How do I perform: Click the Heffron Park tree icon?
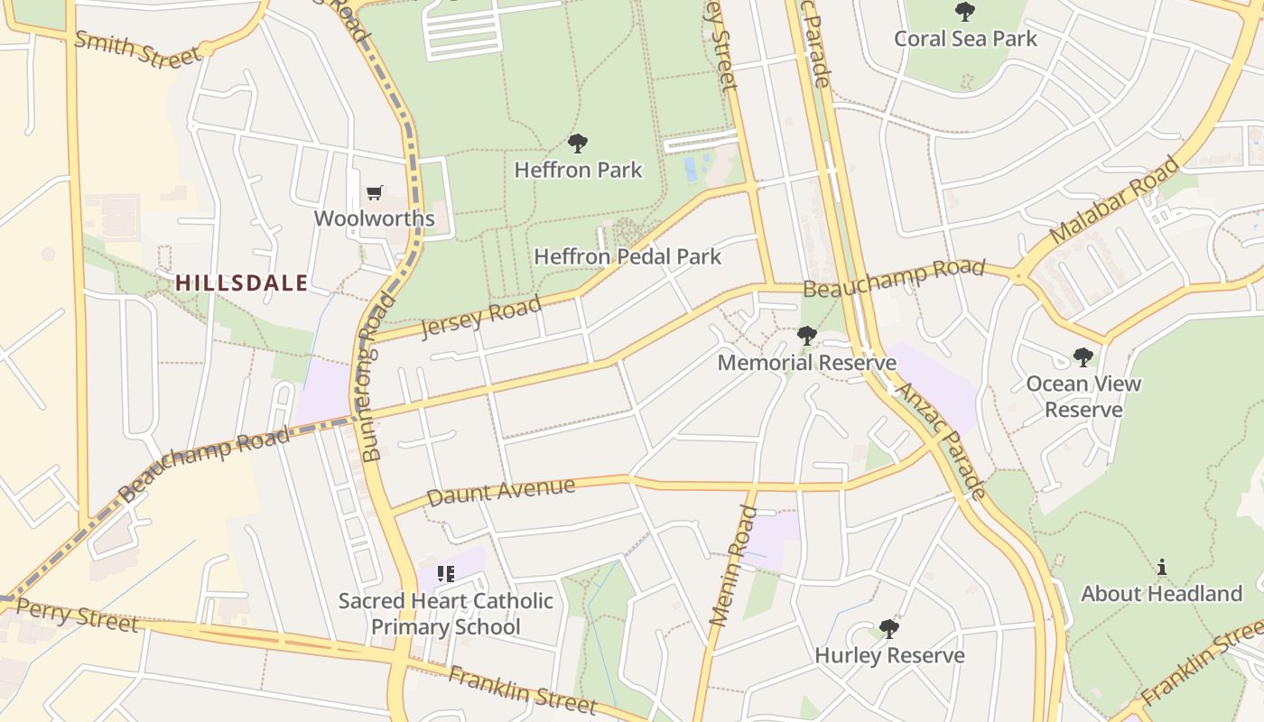[578, 143]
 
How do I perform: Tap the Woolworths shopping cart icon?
[375, 192]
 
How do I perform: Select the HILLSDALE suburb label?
[241, 282]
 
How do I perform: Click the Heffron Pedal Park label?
[627, 256]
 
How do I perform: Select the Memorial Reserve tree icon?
[806, 336]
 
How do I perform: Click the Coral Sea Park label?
[965, 39]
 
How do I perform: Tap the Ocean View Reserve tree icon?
[1083, 357]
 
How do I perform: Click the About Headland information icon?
[1161, 568]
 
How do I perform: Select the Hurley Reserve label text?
[889, 655]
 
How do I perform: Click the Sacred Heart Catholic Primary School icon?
[445, 574]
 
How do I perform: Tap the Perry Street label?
[77, 615]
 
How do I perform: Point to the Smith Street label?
[136, 48]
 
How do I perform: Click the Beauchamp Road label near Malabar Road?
[893, 278]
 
